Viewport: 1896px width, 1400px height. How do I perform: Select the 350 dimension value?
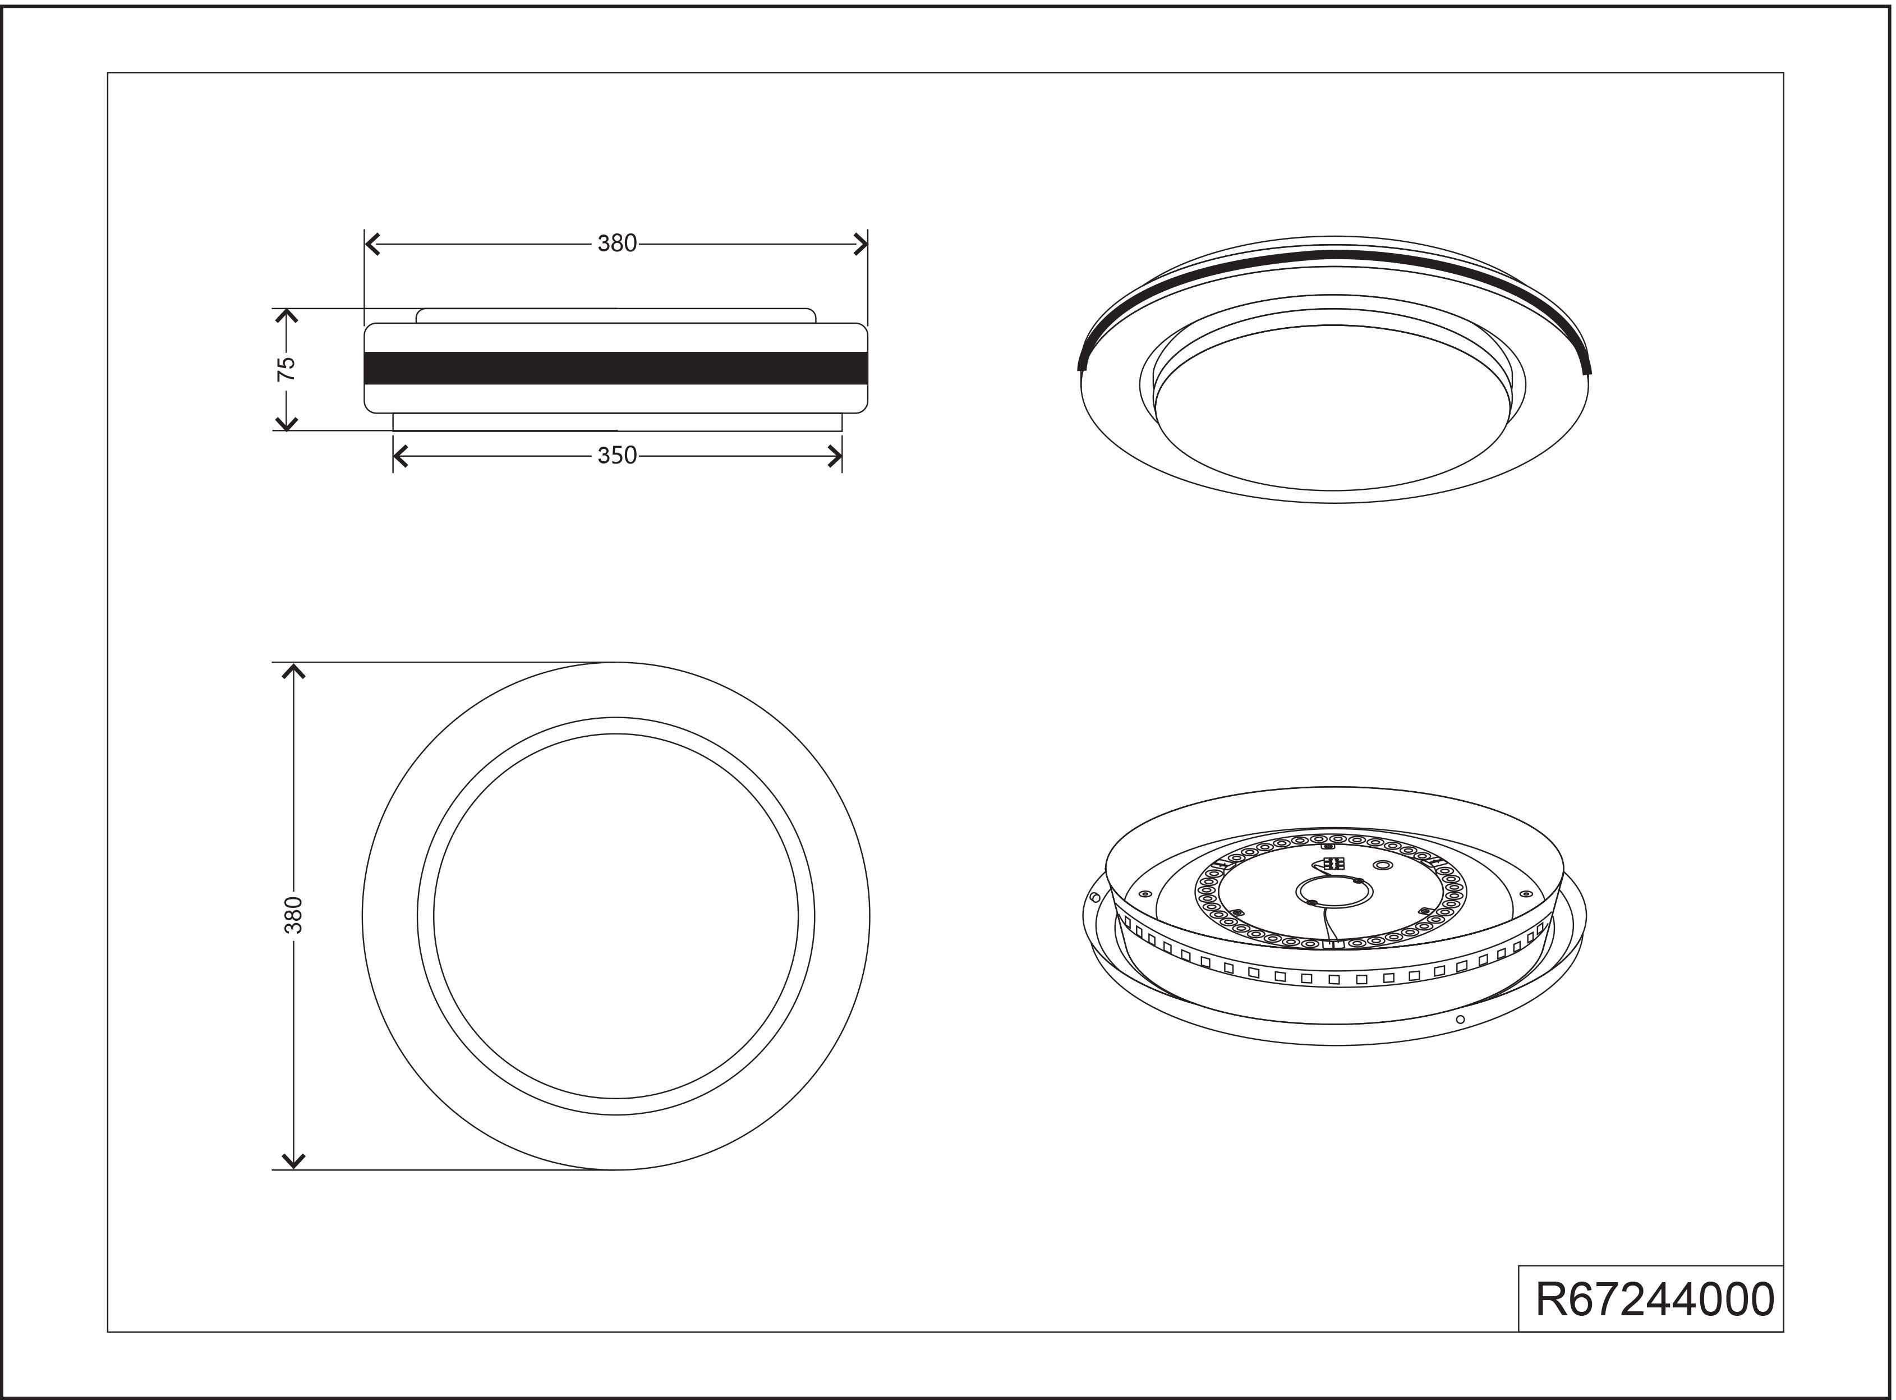click(x=616, y=456)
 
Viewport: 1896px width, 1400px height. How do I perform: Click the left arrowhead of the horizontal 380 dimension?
click(x=372, y=244)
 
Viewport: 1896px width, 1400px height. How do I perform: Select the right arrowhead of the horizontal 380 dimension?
click(x=860, y=244)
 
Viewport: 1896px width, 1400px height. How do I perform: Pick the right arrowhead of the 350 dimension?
click(x=835, y=457)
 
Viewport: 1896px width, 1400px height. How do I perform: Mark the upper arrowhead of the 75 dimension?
click(x=287, y=316)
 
